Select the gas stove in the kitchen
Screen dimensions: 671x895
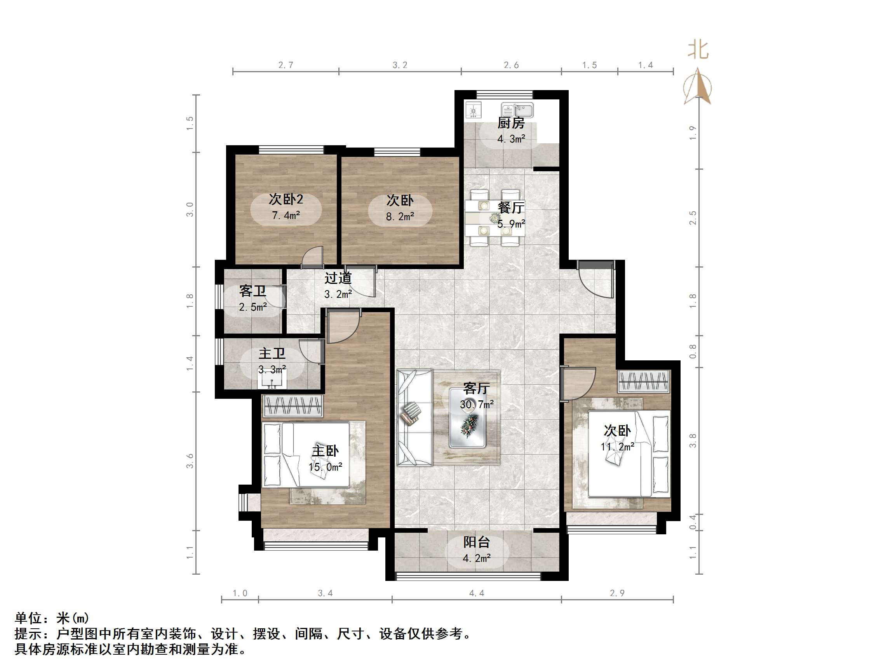pos(473,110)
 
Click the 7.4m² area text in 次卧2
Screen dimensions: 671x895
pos(286,215)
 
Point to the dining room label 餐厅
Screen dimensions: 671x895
pos(510,207)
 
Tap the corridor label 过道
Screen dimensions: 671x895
pos(338,278)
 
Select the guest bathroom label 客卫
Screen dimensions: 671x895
pos(252,291)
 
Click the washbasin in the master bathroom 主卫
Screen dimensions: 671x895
pos(272,381)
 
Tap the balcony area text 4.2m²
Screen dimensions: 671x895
pos(477,558)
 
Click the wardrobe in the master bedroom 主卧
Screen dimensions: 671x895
pos(293,406)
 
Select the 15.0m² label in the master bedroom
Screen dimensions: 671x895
pos(325,467)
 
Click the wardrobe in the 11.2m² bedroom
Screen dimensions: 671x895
pos(643,381)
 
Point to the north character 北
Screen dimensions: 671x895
pos(698,50)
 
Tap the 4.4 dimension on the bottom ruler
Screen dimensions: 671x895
pos(477,593)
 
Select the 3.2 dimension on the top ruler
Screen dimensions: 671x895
pos(400,65)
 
